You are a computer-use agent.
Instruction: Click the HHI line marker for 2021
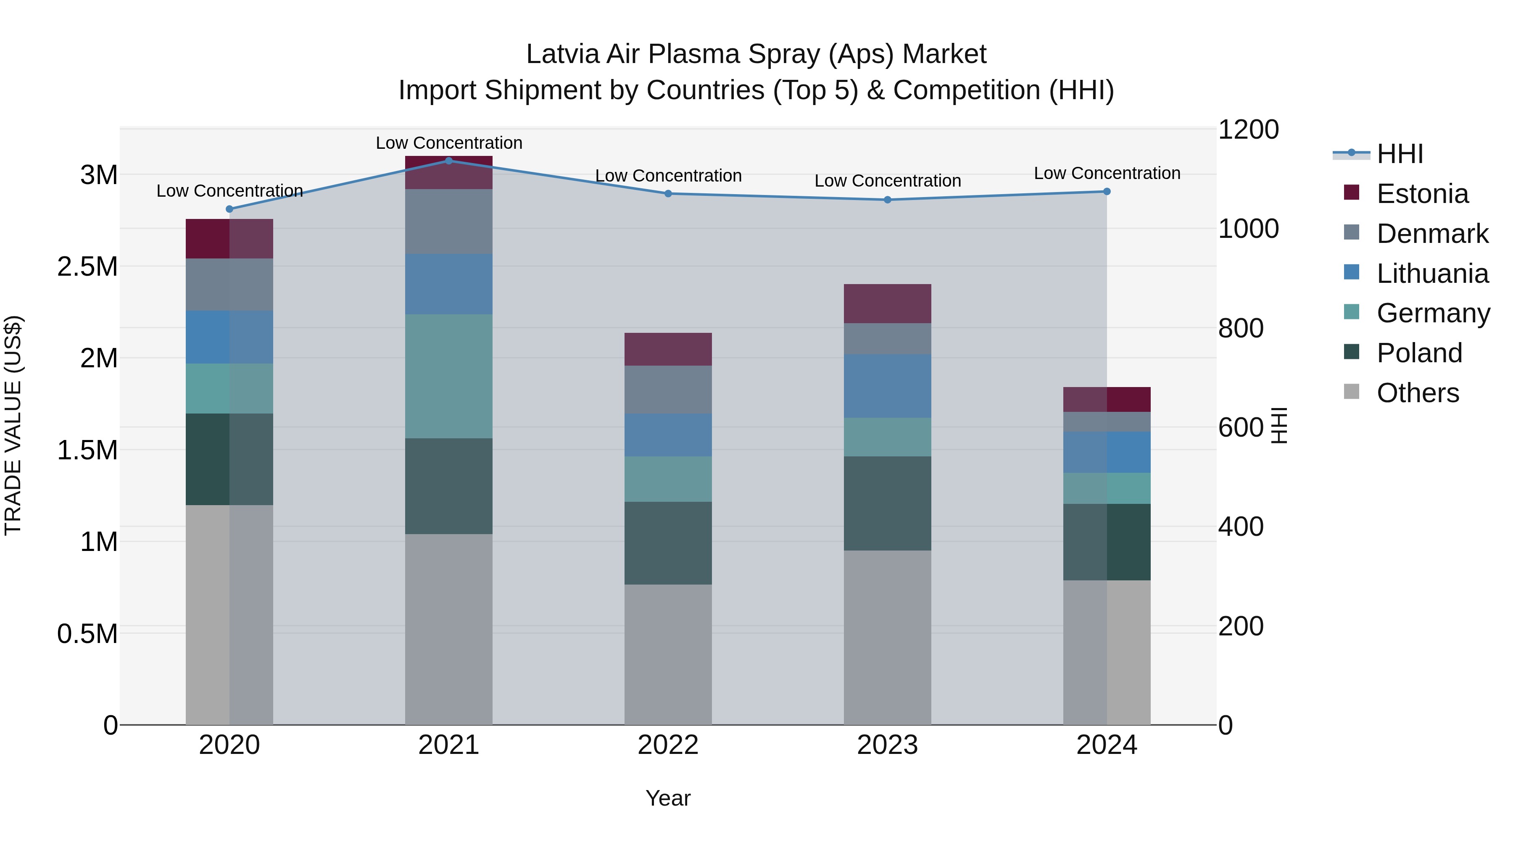pyautogui.click(x=449, y=161)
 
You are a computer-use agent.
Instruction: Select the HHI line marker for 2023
pyautogui.click(x=888, y=200)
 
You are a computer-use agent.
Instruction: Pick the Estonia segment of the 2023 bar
pyautogui.click(x=888, y=304)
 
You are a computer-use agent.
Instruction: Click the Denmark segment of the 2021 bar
pyautogui.click(x=449, y=221)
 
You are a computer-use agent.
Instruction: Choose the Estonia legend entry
pyautogui.click(x=1422, y=194)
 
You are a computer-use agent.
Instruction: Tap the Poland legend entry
pyautogui.click(x=1419, y=353)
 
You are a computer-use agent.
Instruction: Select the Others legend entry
pyautogui.click(x=1417, y=393)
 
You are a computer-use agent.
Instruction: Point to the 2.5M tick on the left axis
pyautogui.click(x=87, y=266)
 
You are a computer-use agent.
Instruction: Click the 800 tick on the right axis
pyautogui.click(x=1241, y=328)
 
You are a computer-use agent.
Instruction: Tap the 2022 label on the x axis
pyautogui.click(x=668, y=745)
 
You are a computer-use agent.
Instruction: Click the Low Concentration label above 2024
pyautogui.click(x=1107, y=173)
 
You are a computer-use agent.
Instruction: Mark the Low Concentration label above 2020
pyautogui.click(x=229, y=191)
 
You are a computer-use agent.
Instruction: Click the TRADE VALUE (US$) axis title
pyautogui.click(x=13, y=425)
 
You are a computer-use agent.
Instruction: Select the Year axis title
pyautogui.click(x=668, y=798)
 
